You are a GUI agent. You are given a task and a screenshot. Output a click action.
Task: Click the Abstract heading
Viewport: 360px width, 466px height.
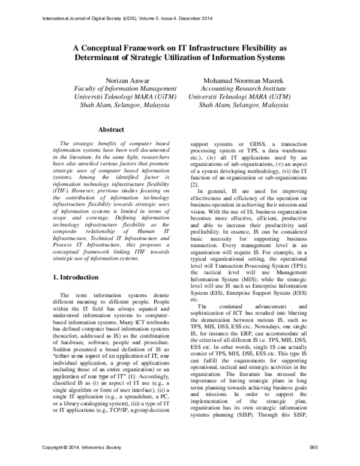click(110, 129)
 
